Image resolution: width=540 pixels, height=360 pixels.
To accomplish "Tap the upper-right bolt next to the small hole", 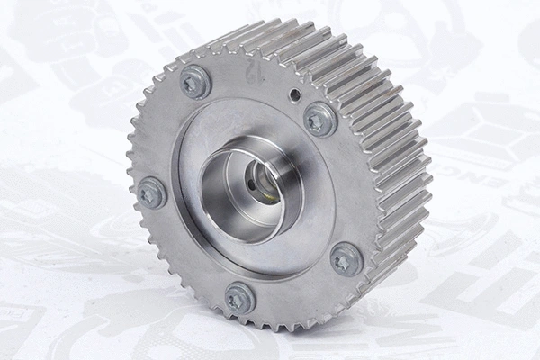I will tap(320, 119).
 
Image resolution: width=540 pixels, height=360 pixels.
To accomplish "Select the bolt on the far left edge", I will tap(151, 193).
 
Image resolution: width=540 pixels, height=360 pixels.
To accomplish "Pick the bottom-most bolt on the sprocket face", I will tap(239, 297).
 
